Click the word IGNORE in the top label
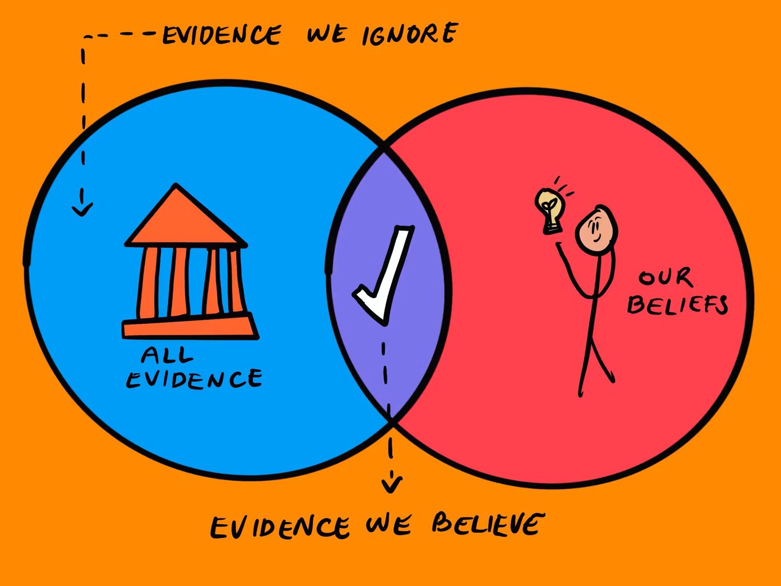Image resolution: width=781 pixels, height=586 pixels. click(409, 34)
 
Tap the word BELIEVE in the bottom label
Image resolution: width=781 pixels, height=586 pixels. click(488, 524)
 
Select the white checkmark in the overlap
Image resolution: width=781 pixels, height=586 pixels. click(383, 275)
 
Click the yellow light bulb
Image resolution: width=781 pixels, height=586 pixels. click(550, 211)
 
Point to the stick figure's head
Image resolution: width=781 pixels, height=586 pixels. click(596, 228)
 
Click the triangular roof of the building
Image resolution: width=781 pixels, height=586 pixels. click(185, 217)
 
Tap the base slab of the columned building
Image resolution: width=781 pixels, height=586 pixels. click(190, 326)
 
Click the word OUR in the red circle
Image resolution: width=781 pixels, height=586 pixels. click(666, 277)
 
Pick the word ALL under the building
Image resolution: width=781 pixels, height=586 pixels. click(167, 355)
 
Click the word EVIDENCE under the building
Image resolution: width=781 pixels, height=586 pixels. click(194, 379)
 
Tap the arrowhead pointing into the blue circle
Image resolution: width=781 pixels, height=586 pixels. click(82, 209)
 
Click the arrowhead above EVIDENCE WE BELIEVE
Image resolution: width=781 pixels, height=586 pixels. click(392, 485)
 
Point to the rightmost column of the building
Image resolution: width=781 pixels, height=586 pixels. click(236, 281)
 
